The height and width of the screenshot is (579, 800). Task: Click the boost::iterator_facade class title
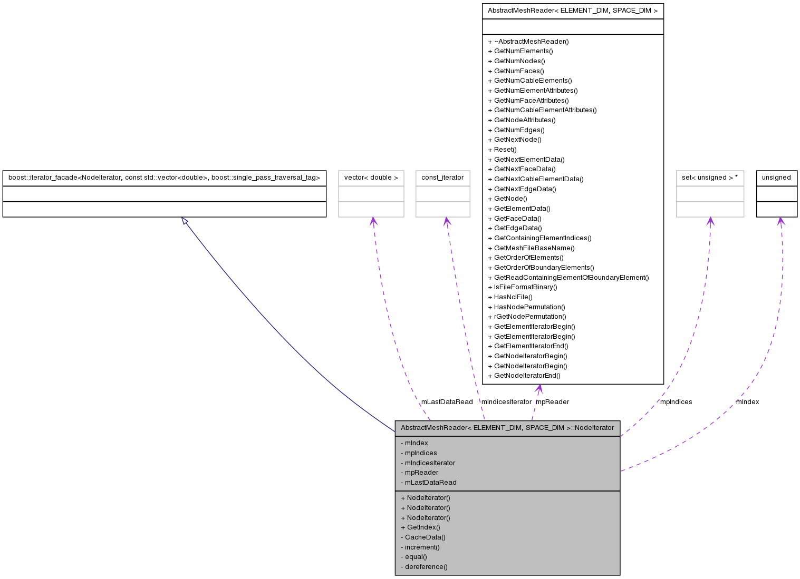pyautogui.click(x=164, y=178)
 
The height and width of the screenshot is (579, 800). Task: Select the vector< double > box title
pyautogui.click(x=371, y=178)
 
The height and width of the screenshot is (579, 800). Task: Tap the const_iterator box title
pyautogui.click(x=442, y=178)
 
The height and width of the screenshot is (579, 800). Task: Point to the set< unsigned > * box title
pyautogui.click(x=709, y=178)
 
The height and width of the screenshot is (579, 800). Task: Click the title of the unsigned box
pyautogui.click(x=776, y=178)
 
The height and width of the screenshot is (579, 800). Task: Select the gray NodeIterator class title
pyautogui.click(x=507, y=428)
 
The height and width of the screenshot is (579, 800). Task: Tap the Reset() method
pyautogui.click(x=505, y=150)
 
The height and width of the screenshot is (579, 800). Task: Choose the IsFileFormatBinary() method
pyautogui.click(x=525, y=287)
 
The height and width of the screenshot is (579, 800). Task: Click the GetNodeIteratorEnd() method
pyautogui.click(x=527, y=376)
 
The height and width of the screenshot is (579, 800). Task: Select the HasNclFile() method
pyautogui.click(x=513, y=297)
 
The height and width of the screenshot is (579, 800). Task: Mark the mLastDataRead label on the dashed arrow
pyautogui.click(x=447, y=402)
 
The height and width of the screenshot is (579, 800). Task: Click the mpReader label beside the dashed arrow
pyautogui.click(x=552, y=402)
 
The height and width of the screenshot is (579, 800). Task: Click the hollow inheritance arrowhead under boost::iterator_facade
pyautogui.click(x=185, y=221)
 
